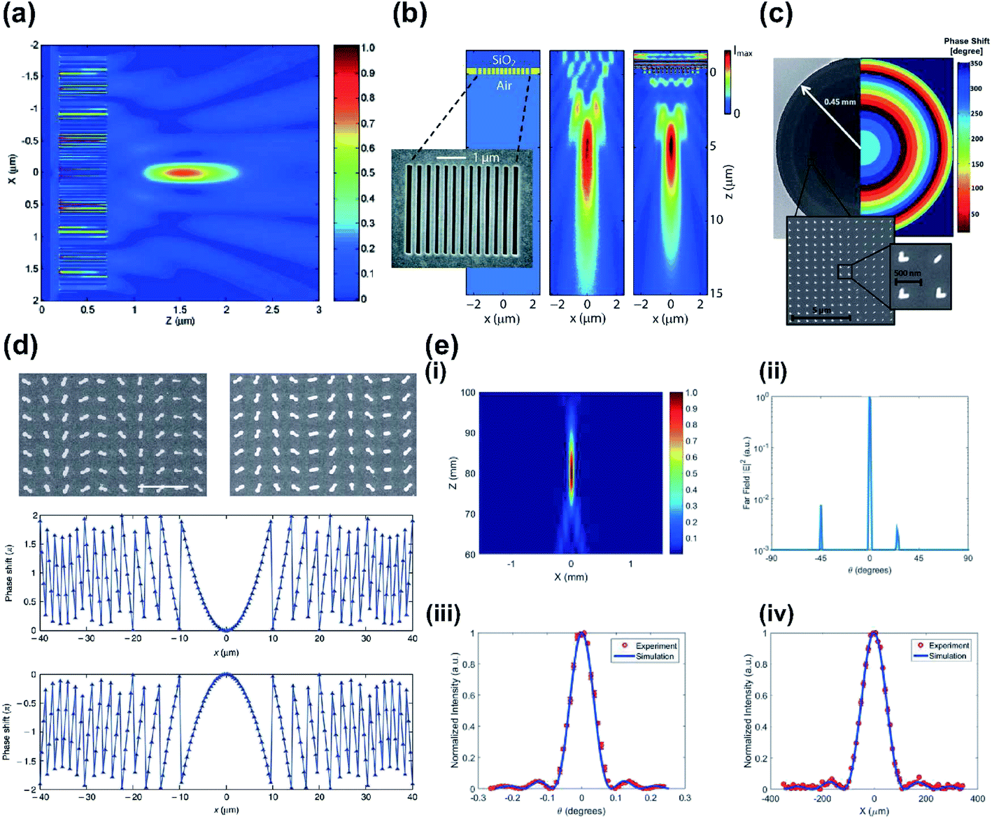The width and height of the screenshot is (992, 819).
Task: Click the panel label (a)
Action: click(19, 14)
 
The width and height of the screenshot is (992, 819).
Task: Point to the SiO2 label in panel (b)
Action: click(502, 60)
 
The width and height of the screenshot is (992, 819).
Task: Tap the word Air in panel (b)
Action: click(504, 85)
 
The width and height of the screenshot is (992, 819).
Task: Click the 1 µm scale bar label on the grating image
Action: click(486, 158)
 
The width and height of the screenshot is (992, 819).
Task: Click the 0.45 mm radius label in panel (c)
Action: click(839, 102)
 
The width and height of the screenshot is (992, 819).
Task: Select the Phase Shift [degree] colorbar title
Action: click(966, 46)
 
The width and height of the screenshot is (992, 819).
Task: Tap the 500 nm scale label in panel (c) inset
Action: click(907, 273)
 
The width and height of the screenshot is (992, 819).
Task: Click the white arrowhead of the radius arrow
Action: click(805, 89)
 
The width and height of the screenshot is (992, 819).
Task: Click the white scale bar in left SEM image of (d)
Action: click(162, 486)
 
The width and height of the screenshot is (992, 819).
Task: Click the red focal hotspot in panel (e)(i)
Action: click(571, 472)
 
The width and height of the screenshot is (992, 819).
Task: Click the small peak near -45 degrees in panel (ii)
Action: click(821, 525)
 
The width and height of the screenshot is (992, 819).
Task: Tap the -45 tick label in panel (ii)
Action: click(820, 559)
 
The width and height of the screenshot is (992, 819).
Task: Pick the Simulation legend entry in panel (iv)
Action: click(947, 656)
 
